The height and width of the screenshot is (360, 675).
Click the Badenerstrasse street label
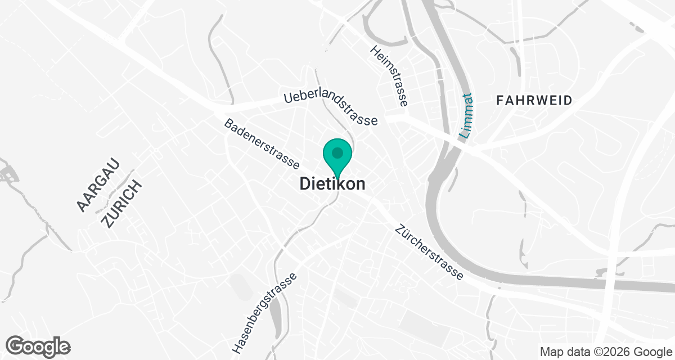[262, 144]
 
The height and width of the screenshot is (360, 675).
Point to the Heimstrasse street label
[389, 76]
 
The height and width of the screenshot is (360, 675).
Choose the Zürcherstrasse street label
[429, 253]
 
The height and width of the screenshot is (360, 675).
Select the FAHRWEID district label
[534, 101]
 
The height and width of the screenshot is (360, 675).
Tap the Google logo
[38, 345]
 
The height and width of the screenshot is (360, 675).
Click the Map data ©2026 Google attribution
[605, 352]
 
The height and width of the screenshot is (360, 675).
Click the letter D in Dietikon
[304, 184]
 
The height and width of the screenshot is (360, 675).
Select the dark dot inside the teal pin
[337, 152]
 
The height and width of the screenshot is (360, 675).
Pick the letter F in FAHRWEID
[500, 101]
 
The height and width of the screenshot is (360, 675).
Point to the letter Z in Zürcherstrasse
[399, 230]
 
